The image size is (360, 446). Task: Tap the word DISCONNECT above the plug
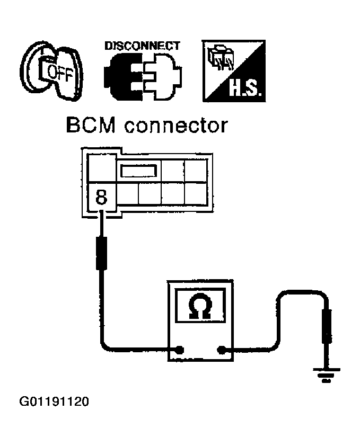click(142, 46)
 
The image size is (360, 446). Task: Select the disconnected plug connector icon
click(142, 77)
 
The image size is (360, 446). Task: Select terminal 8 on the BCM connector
click(101, 198)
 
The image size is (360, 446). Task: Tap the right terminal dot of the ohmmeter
click(221, 350)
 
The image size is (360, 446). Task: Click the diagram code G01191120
click(54, 401)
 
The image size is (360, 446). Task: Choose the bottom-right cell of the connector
click(196, 194)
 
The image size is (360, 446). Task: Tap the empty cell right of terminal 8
click(126, 194)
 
